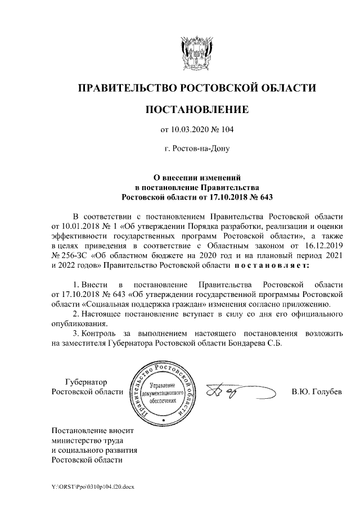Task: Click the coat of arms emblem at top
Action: [x=196, y=54]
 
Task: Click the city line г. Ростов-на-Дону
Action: [x=196, y=150]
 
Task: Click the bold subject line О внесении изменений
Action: [x=197, y=177]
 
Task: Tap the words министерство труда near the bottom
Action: [x=87, y=441]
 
